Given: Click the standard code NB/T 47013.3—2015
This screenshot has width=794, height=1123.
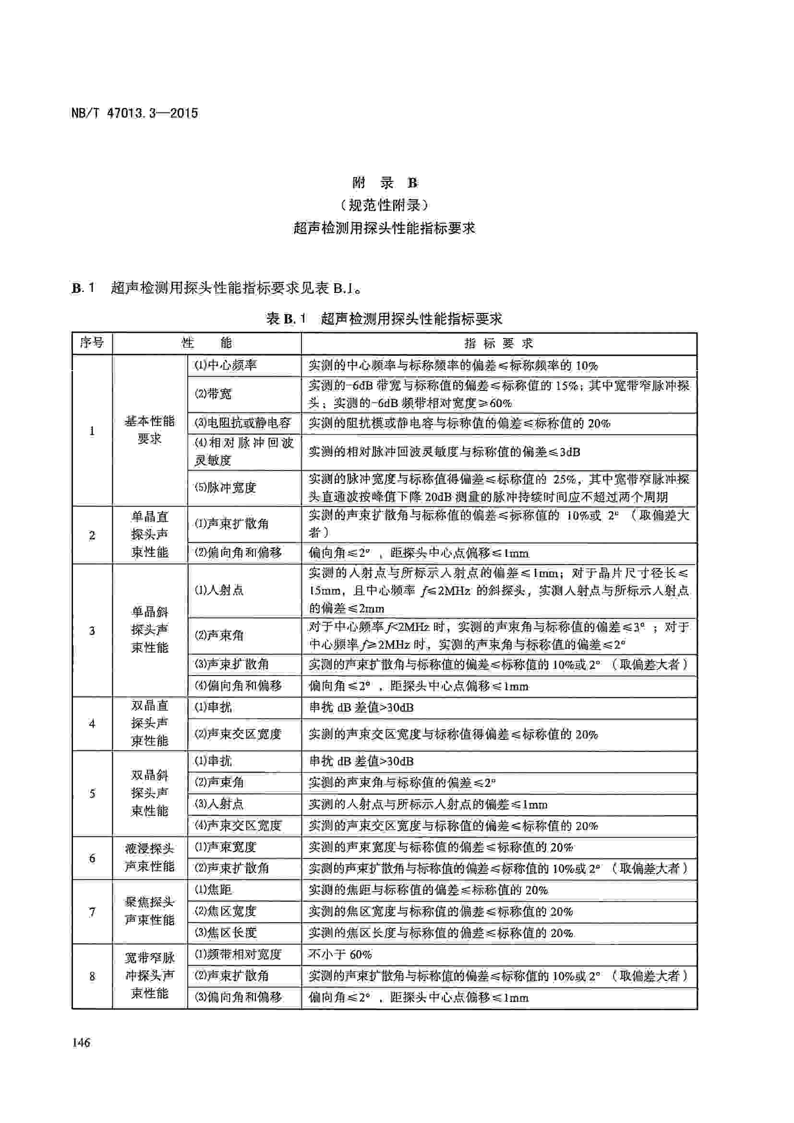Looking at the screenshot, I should pos(134,113).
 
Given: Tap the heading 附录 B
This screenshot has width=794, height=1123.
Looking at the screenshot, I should pos(385,183).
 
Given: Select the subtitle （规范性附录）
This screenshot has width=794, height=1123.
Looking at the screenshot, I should pos(385,205).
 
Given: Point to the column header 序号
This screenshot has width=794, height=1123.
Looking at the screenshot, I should pos(92,343).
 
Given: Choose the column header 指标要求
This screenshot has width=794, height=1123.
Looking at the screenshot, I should pos(498,343).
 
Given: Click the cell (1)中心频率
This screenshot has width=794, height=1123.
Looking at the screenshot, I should pos(226,365).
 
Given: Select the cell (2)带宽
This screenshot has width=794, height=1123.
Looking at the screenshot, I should pos(213,394).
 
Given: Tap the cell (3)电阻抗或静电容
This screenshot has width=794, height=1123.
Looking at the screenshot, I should pos(242,423).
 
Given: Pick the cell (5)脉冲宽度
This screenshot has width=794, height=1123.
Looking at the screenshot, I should pos(226,488).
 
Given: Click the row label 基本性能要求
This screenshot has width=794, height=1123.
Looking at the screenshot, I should pos(150,430).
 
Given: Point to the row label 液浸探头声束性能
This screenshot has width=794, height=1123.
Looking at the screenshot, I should pos(150,857).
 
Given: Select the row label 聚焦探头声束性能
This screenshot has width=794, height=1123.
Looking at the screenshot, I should pos(150,911).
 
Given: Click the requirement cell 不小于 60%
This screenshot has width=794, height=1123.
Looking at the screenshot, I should pos(340,954).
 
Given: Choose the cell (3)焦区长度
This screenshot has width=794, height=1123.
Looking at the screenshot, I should pos(226,933).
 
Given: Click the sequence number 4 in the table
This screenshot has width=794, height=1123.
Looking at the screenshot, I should pos(92,724).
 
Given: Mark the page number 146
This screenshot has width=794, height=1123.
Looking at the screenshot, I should pos(81,1042).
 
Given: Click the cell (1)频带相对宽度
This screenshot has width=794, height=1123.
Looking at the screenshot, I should pos(238,954).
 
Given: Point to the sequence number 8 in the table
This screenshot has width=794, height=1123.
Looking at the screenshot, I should pos(92,976).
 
